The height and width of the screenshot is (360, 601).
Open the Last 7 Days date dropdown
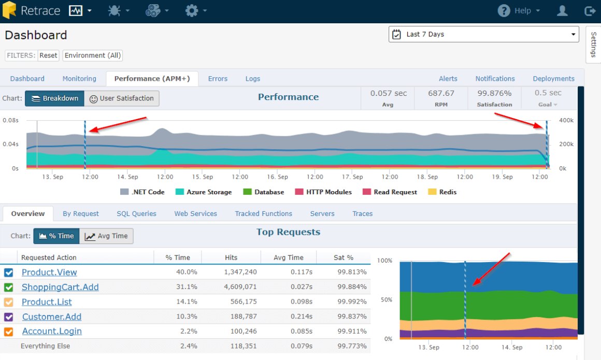coord(483,34)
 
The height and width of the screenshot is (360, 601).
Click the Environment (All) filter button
coord(93,55)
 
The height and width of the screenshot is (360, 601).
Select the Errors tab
coord(218,79)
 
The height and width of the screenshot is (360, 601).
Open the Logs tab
coord(253,79)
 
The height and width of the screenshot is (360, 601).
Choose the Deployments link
coord(553,79)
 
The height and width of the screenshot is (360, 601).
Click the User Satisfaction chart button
coord(122,98)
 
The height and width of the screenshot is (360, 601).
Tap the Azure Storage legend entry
coord(204,192)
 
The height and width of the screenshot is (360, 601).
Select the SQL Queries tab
coord(136,213)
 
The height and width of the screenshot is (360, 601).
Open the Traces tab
coord(363,213)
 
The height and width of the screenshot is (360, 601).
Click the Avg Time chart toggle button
coord(106,236)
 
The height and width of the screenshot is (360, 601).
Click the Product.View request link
coord(49,272)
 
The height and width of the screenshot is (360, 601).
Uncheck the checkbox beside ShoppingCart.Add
coord(9,287)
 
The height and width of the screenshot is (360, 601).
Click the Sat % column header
coord(343,257)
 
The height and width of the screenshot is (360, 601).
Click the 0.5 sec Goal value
coord(548,93)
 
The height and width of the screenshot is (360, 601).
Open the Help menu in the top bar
coord(519,11)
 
